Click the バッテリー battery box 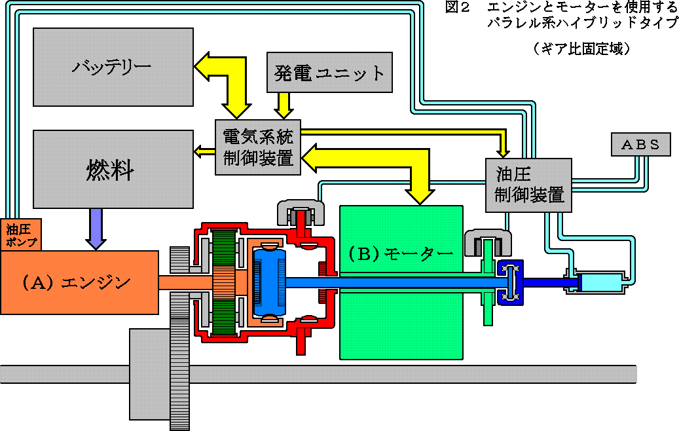point(113,67)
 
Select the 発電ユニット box point(329,72)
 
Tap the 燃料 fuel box point(113,169)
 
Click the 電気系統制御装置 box point(258,147)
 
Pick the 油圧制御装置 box point(528,185)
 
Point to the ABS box point(641,144)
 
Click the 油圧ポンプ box point(21,234)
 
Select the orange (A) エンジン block point(79,282)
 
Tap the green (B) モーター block point(401,282)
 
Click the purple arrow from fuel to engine point(96,229)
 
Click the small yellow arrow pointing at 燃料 point(204,151)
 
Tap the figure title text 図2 point(457,7)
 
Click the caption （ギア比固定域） point(581,48)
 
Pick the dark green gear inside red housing point(225,282)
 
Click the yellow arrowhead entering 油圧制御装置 point(502,152)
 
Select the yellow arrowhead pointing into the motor point(420,197)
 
